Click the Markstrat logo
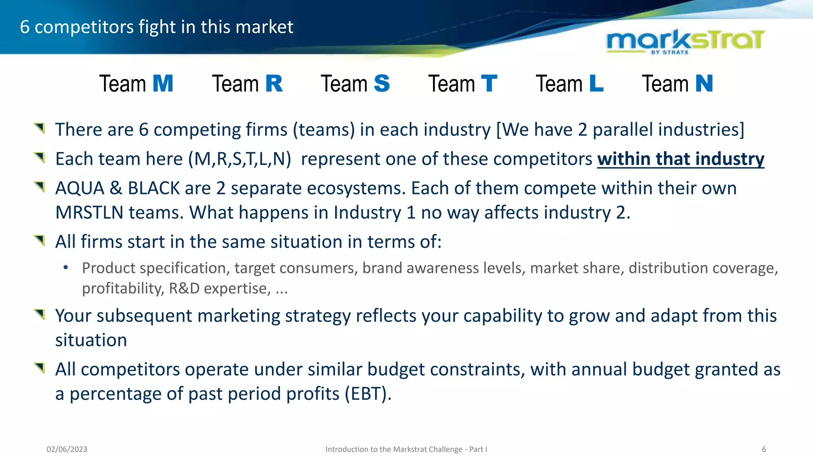tap(686, 41)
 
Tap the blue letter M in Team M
tap(163, 84)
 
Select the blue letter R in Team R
tap(274, 84)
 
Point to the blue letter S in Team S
tap(382, 84)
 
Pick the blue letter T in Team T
tap(489, 84)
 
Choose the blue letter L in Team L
tap(596, 84)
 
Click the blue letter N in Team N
tap(704, 84)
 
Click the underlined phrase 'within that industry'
tap(680, 159)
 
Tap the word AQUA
tap(79, 188)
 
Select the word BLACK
tap(154, 188)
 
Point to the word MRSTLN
tap(89, 213)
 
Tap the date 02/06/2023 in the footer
tap(67, 449)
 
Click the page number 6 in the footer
tap(764, 449)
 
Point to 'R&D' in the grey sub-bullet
tap(184, 288)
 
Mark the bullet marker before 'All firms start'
tap(40, 240)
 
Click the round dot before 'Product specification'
tap(66, 267)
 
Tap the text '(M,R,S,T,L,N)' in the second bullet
tap(239, 159)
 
